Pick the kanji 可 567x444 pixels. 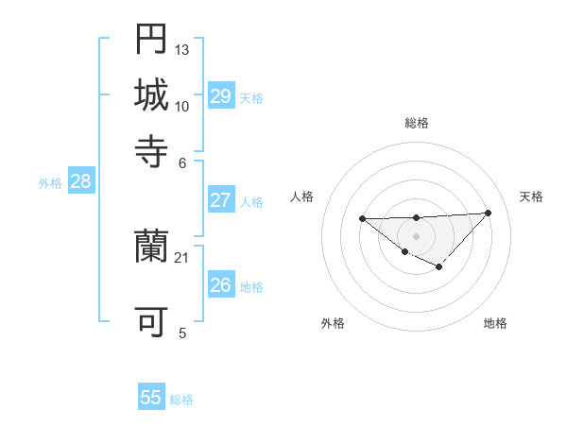tap(151, 322)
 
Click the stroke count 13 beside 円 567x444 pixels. tap(182, 48)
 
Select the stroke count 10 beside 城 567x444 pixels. tap(182, 105)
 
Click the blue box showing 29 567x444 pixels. tap(220, 96)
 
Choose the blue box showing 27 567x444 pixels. tap(220, 200)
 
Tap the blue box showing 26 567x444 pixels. tap(220, 285)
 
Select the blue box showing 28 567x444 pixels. tap(80, 182)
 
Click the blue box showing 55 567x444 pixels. tap(151, 398)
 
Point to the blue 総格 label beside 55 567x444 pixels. tap(181, 400)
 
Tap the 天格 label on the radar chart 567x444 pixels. tap(531, 196)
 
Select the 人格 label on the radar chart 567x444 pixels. tap(302, 196)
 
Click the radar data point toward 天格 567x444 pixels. tap(488, 213)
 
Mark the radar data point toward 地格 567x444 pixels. tap(438, 267)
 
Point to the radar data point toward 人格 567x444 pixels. tap(362, 219)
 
